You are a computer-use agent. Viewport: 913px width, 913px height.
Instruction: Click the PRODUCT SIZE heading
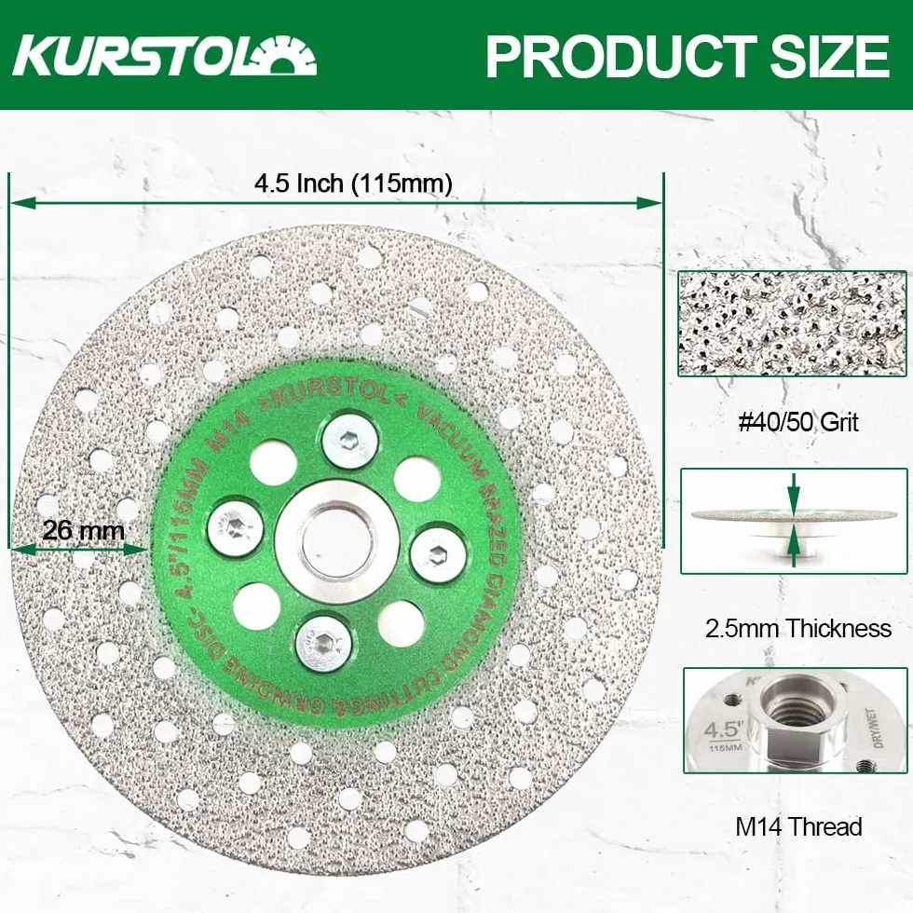tap(688, 57)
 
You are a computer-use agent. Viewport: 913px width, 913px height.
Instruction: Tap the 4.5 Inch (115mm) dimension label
tap(353, 184)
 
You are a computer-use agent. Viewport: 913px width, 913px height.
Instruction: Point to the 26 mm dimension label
tap(84, 530)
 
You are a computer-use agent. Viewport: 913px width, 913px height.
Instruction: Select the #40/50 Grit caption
tap(798, 421)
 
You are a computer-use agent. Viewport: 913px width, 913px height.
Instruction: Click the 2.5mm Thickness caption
tap(798, 628)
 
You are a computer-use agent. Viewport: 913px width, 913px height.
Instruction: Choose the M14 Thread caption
tap(798, 826)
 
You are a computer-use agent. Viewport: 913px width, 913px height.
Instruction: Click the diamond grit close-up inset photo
tap(793, 323)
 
